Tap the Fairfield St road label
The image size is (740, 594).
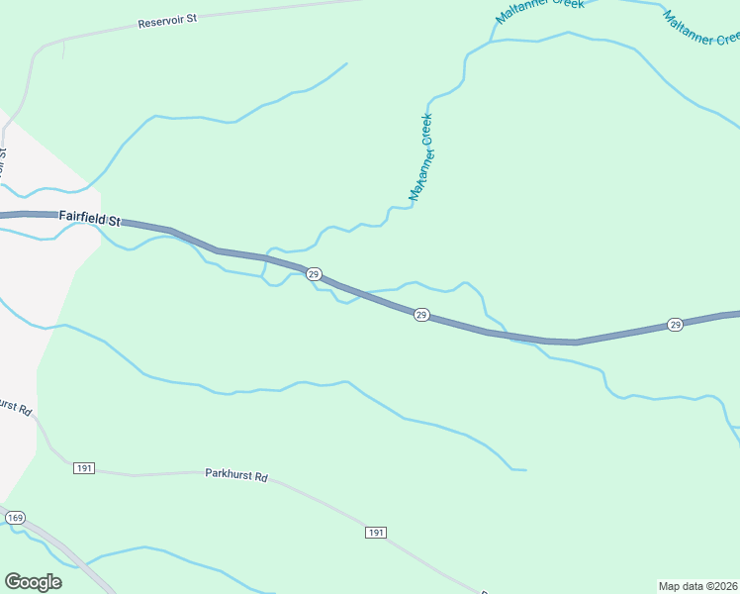[88, 216]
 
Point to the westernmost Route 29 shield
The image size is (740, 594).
[313, 273]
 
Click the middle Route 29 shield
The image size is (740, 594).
[420, 315]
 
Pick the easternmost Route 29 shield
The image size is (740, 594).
[675, 324]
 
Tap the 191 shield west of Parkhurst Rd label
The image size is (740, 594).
[84, 467]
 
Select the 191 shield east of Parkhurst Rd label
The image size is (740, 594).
[375, 533]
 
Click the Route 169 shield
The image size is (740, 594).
[14, 518]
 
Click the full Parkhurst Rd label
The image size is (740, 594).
[236, 476]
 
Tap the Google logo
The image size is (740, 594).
[33, 581]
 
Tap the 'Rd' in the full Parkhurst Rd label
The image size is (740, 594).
[261, 477]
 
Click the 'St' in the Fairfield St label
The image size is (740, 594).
[113, 220]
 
